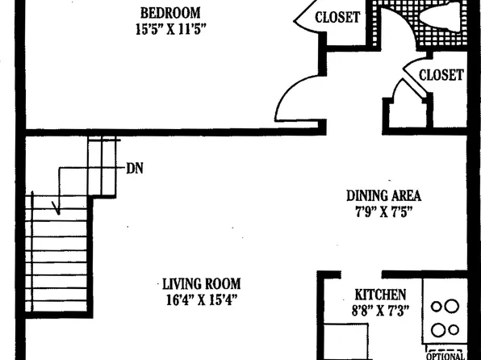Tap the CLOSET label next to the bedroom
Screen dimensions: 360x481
coord(337,17)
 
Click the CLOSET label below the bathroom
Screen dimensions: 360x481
coord(441,75)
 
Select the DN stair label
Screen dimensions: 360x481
coord(135,170)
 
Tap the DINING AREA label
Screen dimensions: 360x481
coord(383,195)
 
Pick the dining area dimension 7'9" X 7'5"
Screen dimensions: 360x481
coord(383,211)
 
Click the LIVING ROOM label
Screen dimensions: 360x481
coord(201,284)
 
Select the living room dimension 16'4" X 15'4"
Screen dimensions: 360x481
coord(201,300)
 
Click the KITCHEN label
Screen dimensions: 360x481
coord(380,295)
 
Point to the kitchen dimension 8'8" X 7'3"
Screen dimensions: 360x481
coord(380,311)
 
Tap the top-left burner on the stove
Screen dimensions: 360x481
coord(437,306)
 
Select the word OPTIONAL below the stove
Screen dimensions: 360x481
coord(445,355)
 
